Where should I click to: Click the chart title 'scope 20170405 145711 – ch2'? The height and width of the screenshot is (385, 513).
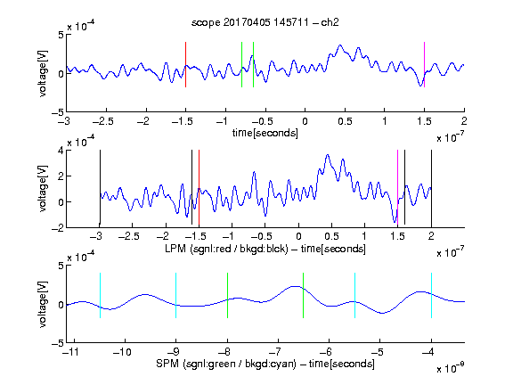click(265, 22)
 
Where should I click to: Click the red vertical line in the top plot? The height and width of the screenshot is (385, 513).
click(185, 64)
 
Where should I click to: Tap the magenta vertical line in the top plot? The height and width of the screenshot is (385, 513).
click(424, 64)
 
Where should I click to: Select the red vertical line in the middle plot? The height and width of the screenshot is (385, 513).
click(199, 188)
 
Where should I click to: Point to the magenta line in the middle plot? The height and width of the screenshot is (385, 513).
click(397, 188)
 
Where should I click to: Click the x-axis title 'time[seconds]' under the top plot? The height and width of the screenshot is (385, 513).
click(265, 133)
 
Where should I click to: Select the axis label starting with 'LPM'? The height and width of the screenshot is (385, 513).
click(265, 249)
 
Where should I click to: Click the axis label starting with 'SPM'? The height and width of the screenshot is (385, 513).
click(265, 364)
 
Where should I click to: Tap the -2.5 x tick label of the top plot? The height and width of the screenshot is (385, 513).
click(103, 121)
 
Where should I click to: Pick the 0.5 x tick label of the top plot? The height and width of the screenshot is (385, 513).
click(345, 121)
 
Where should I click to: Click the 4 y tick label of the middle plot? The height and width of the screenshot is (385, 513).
click(61, 151)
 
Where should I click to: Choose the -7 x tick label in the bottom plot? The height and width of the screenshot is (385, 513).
click(277, 352)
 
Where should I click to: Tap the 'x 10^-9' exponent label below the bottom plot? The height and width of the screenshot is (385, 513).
click(450, 368)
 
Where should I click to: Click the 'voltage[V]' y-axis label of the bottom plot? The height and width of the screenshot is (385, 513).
click(43, 304)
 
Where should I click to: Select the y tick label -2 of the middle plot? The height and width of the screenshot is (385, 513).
click(58, 228)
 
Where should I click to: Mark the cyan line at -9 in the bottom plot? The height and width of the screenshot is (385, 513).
click(175, 295)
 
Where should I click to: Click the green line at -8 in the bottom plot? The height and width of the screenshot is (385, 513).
click(227, 295)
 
